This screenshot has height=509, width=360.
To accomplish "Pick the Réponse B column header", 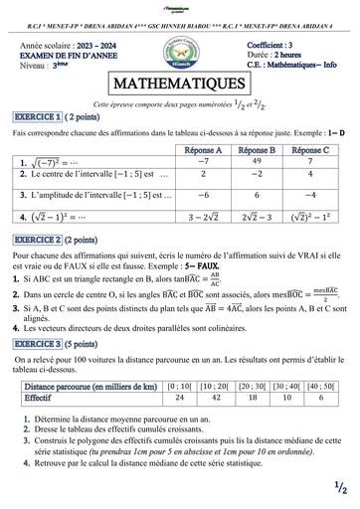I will [254, 147].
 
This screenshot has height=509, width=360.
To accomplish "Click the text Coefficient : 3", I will [277, 47].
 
